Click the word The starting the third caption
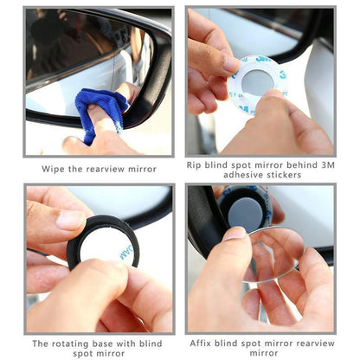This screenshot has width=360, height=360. click(x=40, y=343)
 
